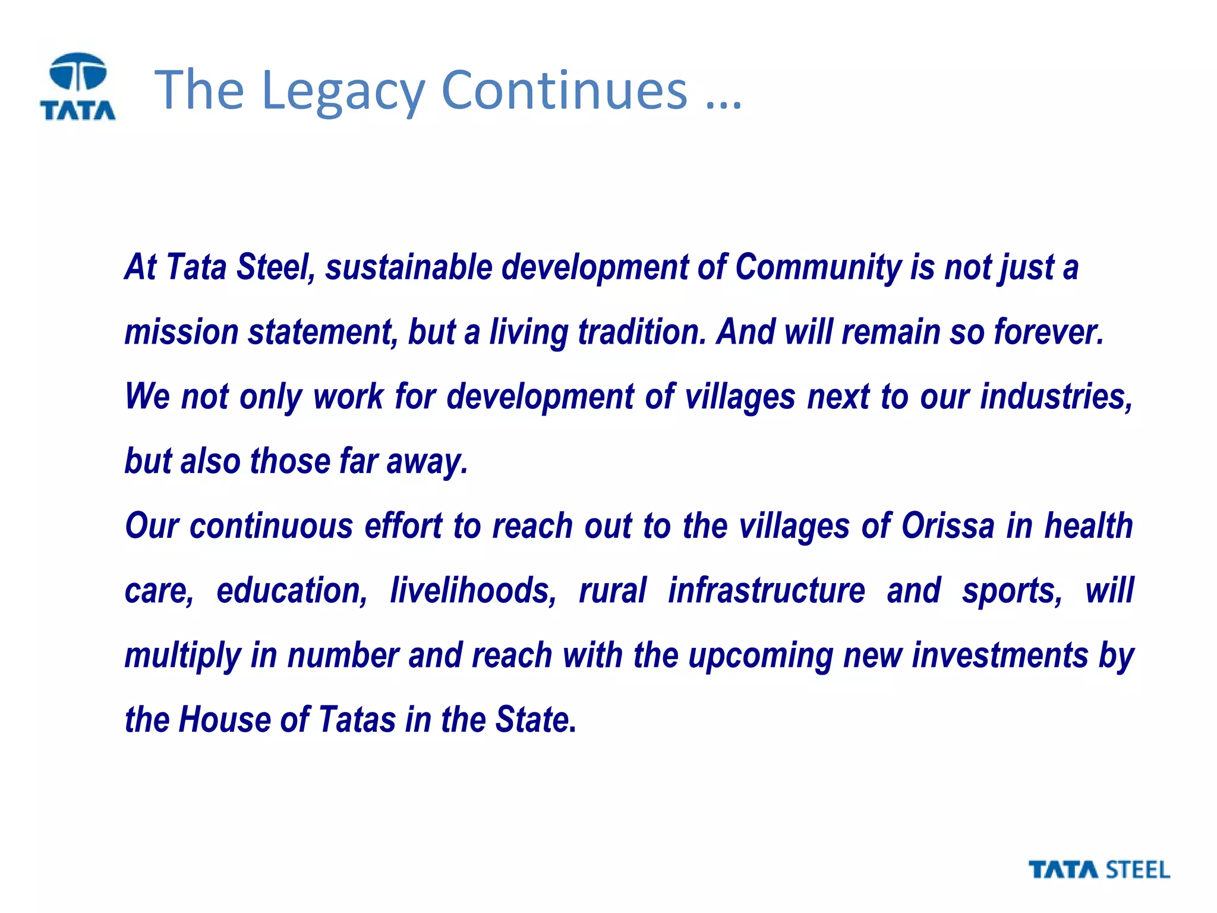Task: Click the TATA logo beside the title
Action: click(x=78, y=87)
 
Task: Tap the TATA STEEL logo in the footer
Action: click(x=1099, y=870)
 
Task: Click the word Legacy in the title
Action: click(x=342, y=90)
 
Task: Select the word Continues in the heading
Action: click(x=564, y=90)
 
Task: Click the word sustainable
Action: click(x=409, y=267)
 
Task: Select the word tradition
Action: click(x=642, y=332)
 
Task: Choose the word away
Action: click(x=427, y=462)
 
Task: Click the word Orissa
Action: click(x=947, y=526)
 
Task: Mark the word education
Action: click(x=292, y=591)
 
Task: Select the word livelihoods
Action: click(x=473, y=591)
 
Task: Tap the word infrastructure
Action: click(x=766, y=591)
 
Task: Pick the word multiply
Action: click(x=182, y=656)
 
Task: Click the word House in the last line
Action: click(x=225, y=720)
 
